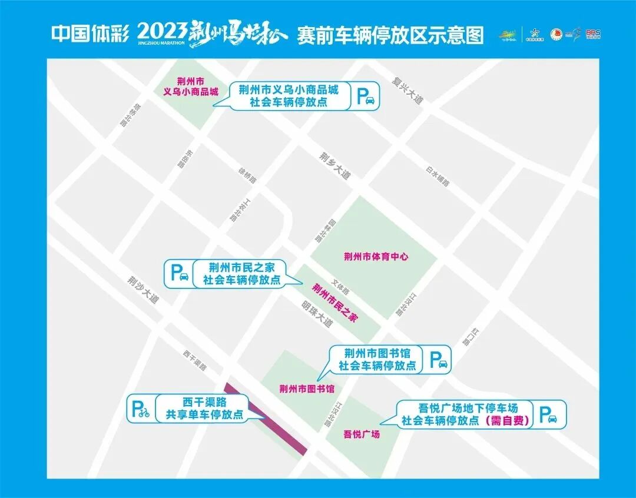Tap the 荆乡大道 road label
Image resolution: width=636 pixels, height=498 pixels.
tap(334, 167)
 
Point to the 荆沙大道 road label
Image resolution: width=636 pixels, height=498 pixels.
tap(144, 290)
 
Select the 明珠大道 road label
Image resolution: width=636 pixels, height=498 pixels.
tap(317, 314)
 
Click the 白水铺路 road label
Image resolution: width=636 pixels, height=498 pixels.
tap(437, 175)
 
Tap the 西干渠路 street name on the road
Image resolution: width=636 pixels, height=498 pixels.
tap(194, 360)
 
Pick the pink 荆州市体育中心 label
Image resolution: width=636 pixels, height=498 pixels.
tap(376, 257)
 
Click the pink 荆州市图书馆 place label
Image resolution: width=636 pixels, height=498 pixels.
tap(307, 389)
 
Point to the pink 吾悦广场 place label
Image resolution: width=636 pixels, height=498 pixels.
tap(362, 434)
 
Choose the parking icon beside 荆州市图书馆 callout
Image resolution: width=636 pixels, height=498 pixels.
tap(438, 359)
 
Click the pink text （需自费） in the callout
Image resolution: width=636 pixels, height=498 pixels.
tap(506, 421)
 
